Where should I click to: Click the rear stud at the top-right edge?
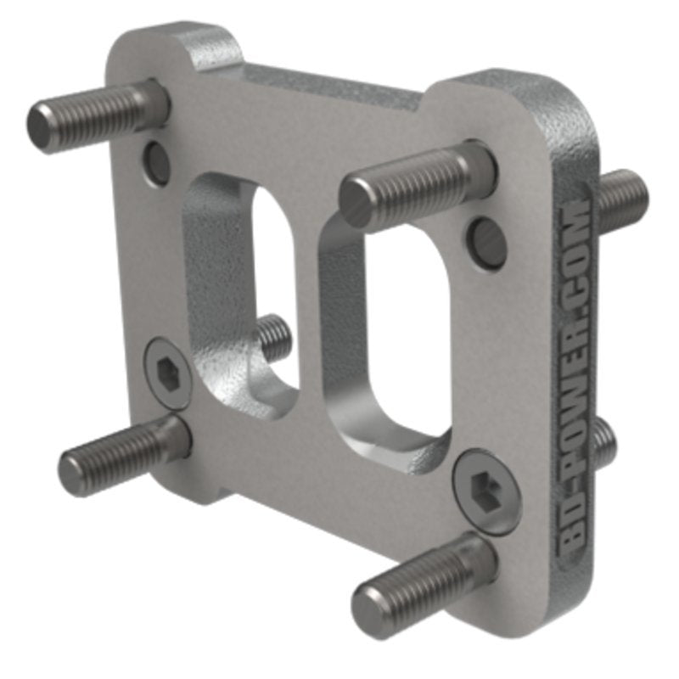click(624, 199)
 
